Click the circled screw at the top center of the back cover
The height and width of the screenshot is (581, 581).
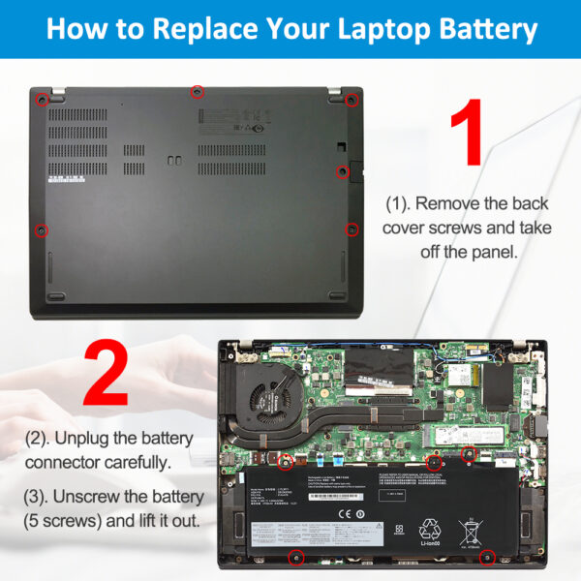click(x=198, y=91)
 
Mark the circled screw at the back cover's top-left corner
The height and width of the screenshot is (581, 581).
click(x=42, y=99)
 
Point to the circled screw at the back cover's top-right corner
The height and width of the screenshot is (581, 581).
click(x=352, y=100)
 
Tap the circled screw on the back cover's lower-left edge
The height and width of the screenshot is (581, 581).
click(x=41, y=230)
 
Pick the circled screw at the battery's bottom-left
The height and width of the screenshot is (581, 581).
click(x=297, y=557)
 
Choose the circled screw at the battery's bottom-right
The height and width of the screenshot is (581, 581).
click(x=489, y=557)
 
